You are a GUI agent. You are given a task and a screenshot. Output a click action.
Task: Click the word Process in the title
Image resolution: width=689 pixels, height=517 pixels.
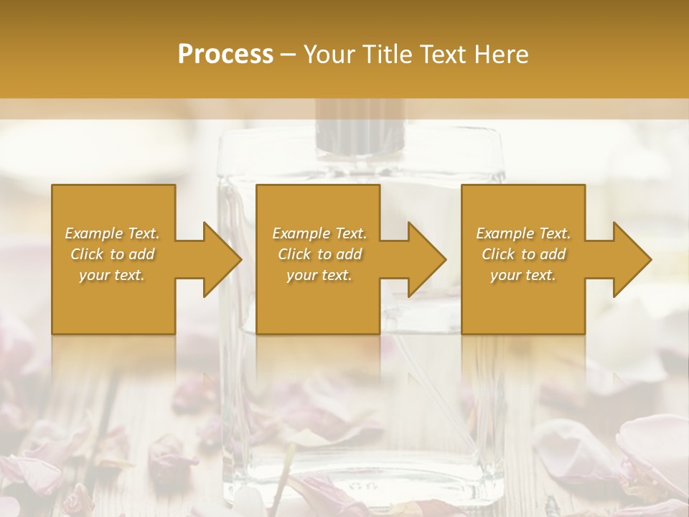coord(225,55)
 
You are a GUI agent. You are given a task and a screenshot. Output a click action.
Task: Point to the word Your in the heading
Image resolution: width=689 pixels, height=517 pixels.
coord(330,55)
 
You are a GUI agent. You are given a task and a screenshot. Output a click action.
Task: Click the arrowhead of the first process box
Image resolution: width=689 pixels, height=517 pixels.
coord(219,259)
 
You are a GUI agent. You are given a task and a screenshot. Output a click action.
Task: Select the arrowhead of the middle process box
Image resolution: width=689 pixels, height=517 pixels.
coord(423,259)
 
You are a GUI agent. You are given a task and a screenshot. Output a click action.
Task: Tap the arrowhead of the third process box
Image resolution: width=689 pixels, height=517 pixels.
coord(629,259)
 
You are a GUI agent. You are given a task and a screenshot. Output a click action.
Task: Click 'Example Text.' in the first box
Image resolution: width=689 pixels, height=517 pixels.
coord(113,233)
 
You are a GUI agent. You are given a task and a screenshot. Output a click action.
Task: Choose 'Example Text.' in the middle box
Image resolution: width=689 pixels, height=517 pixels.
coord(319,233)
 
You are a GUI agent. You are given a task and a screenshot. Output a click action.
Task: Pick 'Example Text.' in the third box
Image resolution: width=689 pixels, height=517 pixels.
coord(523,233)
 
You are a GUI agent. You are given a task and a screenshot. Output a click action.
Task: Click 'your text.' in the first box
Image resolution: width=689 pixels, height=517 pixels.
coord(113,275)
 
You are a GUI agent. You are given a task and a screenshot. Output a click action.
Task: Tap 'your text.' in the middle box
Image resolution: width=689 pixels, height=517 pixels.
coord(319,275)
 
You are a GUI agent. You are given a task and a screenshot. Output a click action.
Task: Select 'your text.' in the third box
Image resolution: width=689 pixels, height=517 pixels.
coord(523,275)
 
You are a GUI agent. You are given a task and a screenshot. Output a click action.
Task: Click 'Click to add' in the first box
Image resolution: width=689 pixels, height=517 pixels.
coord(113,254)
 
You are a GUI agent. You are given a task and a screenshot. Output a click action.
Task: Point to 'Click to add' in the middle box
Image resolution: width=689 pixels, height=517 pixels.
coord(319,254)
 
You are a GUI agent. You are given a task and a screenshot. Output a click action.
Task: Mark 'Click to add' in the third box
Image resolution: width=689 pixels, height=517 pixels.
coord(523,254)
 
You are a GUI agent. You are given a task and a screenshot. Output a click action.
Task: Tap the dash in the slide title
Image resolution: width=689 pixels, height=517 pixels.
coord(289,55)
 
